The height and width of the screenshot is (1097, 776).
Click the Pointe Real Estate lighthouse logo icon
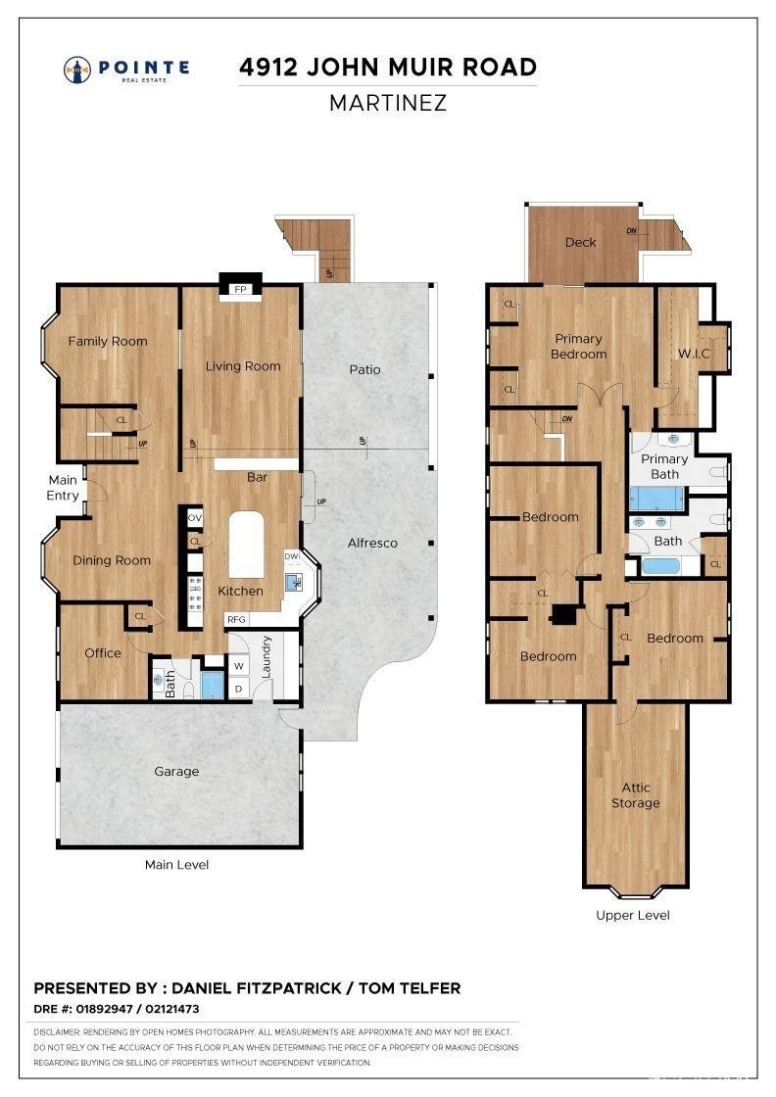coord(77,70)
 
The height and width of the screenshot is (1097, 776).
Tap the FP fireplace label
coord(241,289)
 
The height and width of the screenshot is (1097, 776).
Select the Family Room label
coord(108,341)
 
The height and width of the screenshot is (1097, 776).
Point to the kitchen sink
coord(294,582)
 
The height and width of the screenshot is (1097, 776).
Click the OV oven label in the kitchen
coord(195,518)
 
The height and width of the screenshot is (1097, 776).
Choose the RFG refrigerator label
coord(236,619)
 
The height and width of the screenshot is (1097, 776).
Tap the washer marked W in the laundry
coord(239,666)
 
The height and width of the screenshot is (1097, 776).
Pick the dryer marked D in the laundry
coord(239,689)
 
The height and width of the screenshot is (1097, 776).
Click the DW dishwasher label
coord(292,556)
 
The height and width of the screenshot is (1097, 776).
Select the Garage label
coord(176,771)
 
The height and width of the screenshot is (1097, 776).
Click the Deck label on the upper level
coord(581,242)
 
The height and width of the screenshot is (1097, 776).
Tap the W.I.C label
coord(694,354)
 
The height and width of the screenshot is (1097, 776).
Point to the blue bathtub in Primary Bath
coord(657,499)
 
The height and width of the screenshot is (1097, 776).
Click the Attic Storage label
coord(635,795)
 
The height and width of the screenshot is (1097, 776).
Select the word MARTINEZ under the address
coord(388,103)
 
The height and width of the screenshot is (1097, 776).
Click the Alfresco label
coord(372,543)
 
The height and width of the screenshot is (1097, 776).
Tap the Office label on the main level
coord(103,652)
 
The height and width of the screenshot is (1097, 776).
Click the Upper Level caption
coord(633,915)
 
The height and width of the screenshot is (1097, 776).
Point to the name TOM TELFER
coord(410,988)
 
